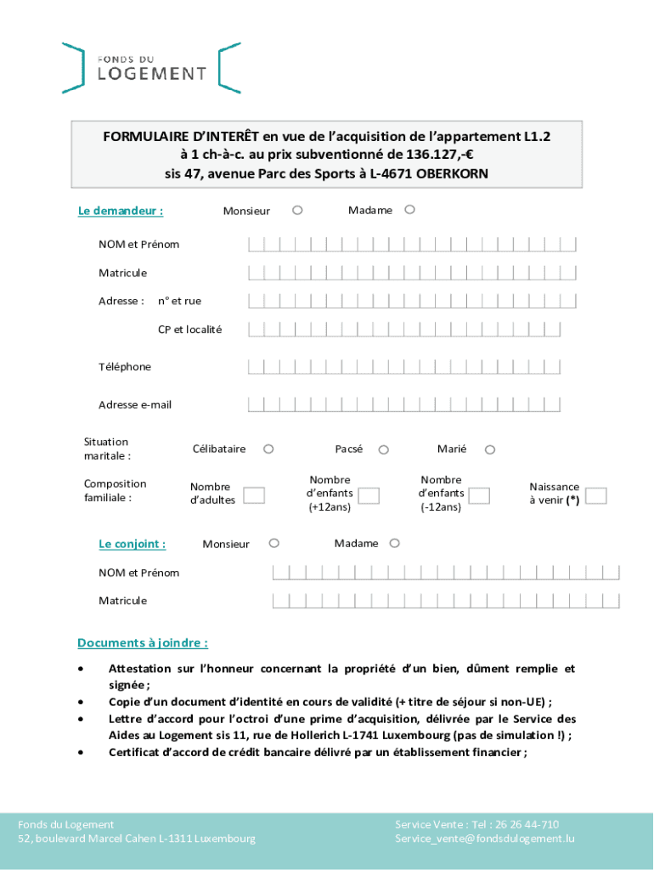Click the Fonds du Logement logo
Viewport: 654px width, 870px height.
coord(151,67)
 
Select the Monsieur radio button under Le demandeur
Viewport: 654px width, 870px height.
coord(297,210)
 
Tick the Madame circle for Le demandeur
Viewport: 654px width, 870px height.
coord(409,209)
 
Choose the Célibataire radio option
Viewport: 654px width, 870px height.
coord(268,449)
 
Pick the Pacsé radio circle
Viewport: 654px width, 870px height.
coord(384,449)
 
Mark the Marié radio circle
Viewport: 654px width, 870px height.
coord(490,449)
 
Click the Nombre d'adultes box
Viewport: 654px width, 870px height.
coord(254,495)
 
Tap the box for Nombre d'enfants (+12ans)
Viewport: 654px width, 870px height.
coord(369,495)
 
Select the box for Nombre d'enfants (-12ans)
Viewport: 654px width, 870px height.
coord(480,495)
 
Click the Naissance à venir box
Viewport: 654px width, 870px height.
coord(596,495)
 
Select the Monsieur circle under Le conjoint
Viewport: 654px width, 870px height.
coord(273,543)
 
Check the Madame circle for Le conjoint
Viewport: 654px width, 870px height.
coord(394,543)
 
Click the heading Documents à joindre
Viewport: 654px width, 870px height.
coord(143,642)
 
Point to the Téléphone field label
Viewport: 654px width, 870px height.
coord(125,367)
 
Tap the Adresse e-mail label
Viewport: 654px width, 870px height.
coord(135,405)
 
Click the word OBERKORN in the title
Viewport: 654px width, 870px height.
coord(452,173)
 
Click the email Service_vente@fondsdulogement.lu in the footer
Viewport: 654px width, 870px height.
coord(485,839)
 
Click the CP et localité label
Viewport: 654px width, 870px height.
coord(189,330)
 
